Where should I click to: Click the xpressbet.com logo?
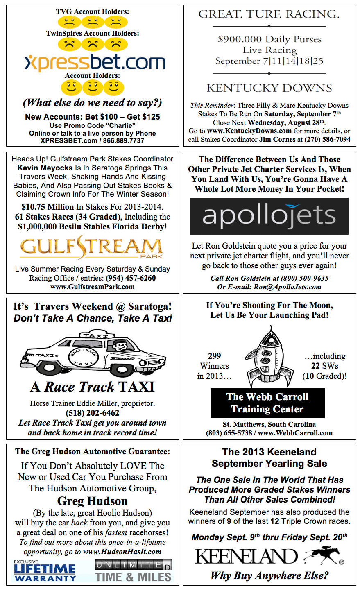point(95,62)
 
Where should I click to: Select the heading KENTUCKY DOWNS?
point(269,88)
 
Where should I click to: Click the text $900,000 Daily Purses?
point(269,39)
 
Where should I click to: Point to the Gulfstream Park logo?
point(92,247)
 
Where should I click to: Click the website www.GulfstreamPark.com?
point(93,287)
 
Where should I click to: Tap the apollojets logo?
point(269,216)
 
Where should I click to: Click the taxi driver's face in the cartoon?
point(120,346)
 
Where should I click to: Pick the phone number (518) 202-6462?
point(93,413)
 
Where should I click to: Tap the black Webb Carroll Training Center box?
point(267,403)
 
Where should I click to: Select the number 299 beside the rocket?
point(214,356)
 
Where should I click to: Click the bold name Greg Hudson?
point(93,501)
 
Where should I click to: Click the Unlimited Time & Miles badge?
point(134,571)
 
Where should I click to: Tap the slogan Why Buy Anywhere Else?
point(269,575)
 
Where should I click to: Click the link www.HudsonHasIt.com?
point(122,552)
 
